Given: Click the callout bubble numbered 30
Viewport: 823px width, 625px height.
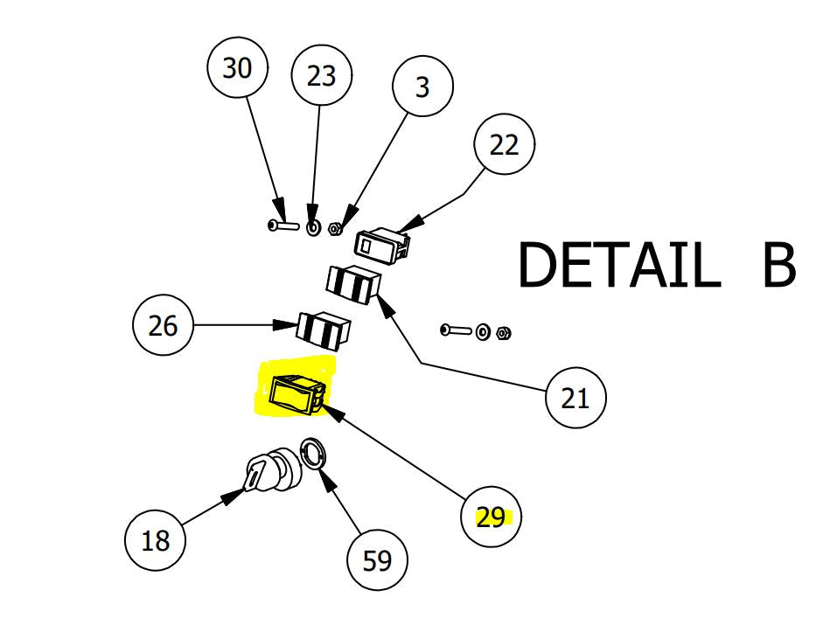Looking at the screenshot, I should point(236,69).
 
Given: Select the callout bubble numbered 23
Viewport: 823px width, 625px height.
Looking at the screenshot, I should point(321,77).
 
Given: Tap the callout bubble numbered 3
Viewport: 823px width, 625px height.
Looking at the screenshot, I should point(423,87).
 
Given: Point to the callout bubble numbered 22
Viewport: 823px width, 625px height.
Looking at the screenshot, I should point(504,145).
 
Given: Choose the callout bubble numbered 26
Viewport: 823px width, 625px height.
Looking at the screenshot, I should point(163,326).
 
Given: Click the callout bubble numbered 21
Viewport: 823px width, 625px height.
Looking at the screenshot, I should point(575,399).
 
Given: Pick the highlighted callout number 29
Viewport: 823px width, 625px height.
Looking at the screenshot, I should point(492,517).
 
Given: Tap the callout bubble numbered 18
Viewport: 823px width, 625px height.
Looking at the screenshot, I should point(156,541).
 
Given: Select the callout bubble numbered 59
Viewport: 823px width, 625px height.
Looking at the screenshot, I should point(378,560).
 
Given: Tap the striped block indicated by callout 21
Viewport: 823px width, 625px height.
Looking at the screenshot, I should point(353,283).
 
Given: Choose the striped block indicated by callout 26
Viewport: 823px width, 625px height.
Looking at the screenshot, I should point(324,330).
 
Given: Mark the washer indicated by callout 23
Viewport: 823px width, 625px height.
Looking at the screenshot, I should point(313,228).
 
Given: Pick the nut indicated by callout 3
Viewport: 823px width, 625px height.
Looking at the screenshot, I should point(334,230).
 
